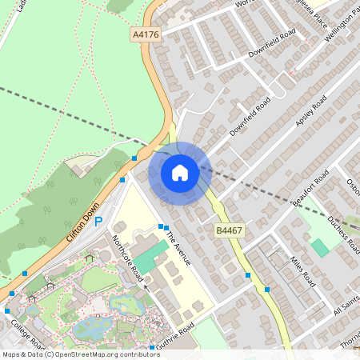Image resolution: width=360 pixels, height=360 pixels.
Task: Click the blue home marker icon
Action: coord(180,173)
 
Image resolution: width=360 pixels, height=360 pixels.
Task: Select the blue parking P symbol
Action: coord(99,221)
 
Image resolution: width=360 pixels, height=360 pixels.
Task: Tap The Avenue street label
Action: coord(178,249)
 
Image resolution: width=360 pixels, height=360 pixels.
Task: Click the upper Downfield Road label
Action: coord(272,43)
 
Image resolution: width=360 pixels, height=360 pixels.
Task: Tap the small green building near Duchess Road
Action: coord(320,247)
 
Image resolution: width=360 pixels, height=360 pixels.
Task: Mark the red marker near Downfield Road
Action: coord(290,70)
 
